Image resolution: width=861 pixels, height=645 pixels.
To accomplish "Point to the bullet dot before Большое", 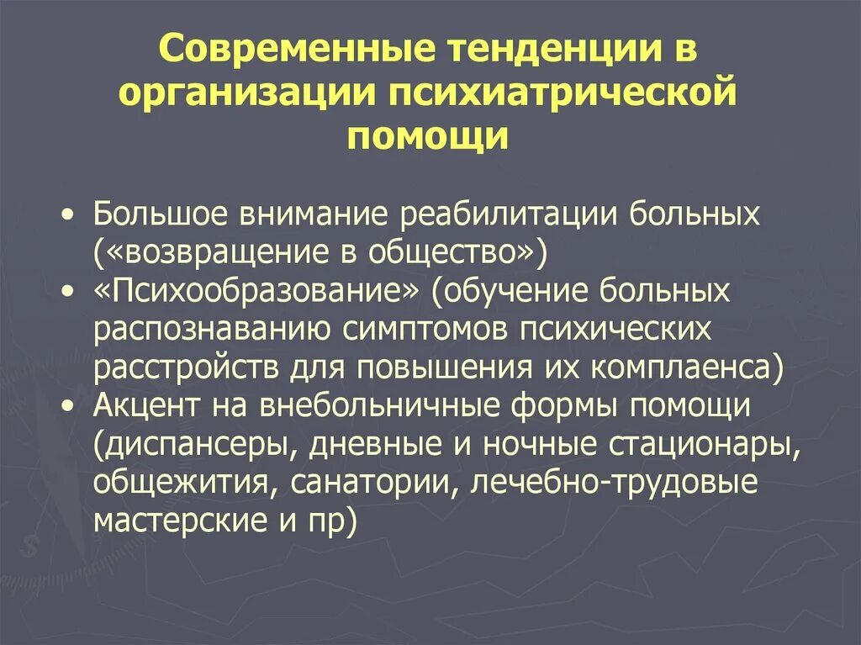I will [x=68, y=215].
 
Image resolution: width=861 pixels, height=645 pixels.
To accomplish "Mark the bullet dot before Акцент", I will [x=68, y=406].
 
